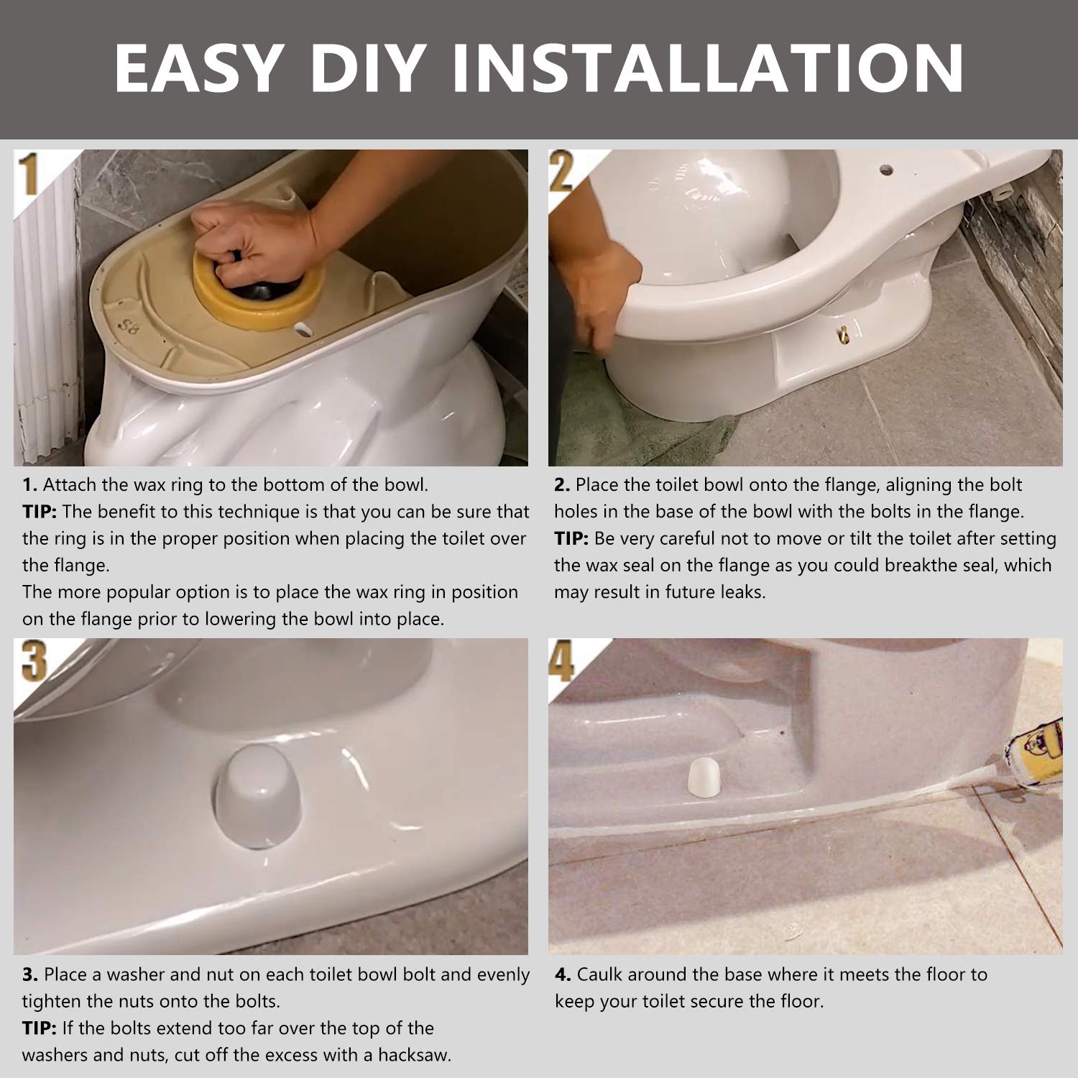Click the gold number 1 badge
pyautogui.click(x=29, y=176)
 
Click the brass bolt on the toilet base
pyautogui.click(x=842, y=333)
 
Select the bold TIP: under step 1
pyautogui.click(x=39, y=512)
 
